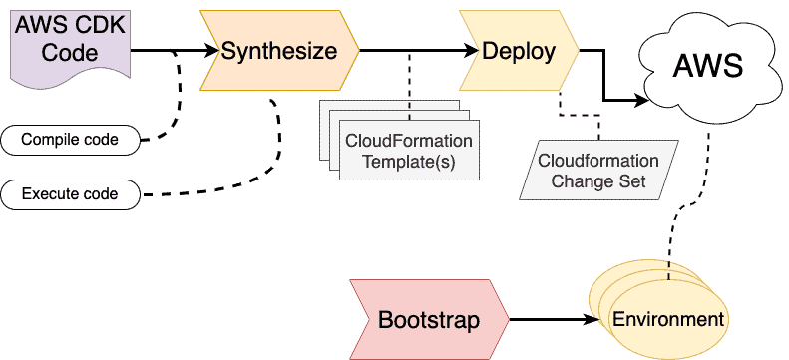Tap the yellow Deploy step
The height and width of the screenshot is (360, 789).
click(518, 50)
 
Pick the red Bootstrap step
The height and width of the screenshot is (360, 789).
click(428, 320)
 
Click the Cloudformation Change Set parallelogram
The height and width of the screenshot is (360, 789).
click(599, 171)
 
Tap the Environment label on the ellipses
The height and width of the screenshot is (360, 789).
click(667, 320)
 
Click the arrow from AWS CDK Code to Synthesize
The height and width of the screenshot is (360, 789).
click(170, 50)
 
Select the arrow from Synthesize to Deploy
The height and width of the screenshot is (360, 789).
click(409, 50)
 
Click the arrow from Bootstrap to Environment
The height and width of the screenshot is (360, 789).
click(554, 321)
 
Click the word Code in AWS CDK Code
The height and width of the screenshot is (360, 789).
click(70, 54)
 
